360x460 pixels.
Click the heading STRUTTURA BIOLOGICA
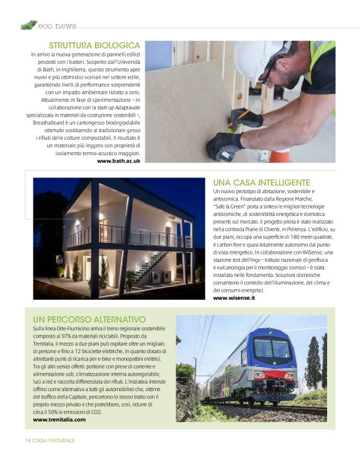[94, 45]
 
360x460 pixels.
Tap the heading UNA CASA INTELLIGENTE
[261, 183]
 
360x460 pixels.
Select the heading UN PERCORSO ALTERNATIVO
[89, 319]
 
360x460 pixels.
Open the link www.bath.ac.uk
[119, 161]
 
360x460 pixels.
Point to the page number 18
[28, 440]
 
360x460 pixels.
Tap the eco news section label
[57, 26]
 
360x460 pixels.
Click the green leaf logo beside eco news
[29, 25]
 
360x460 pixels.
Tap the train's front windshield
[272, 350]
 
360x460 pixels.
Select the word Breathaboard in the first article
[54, 123]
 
